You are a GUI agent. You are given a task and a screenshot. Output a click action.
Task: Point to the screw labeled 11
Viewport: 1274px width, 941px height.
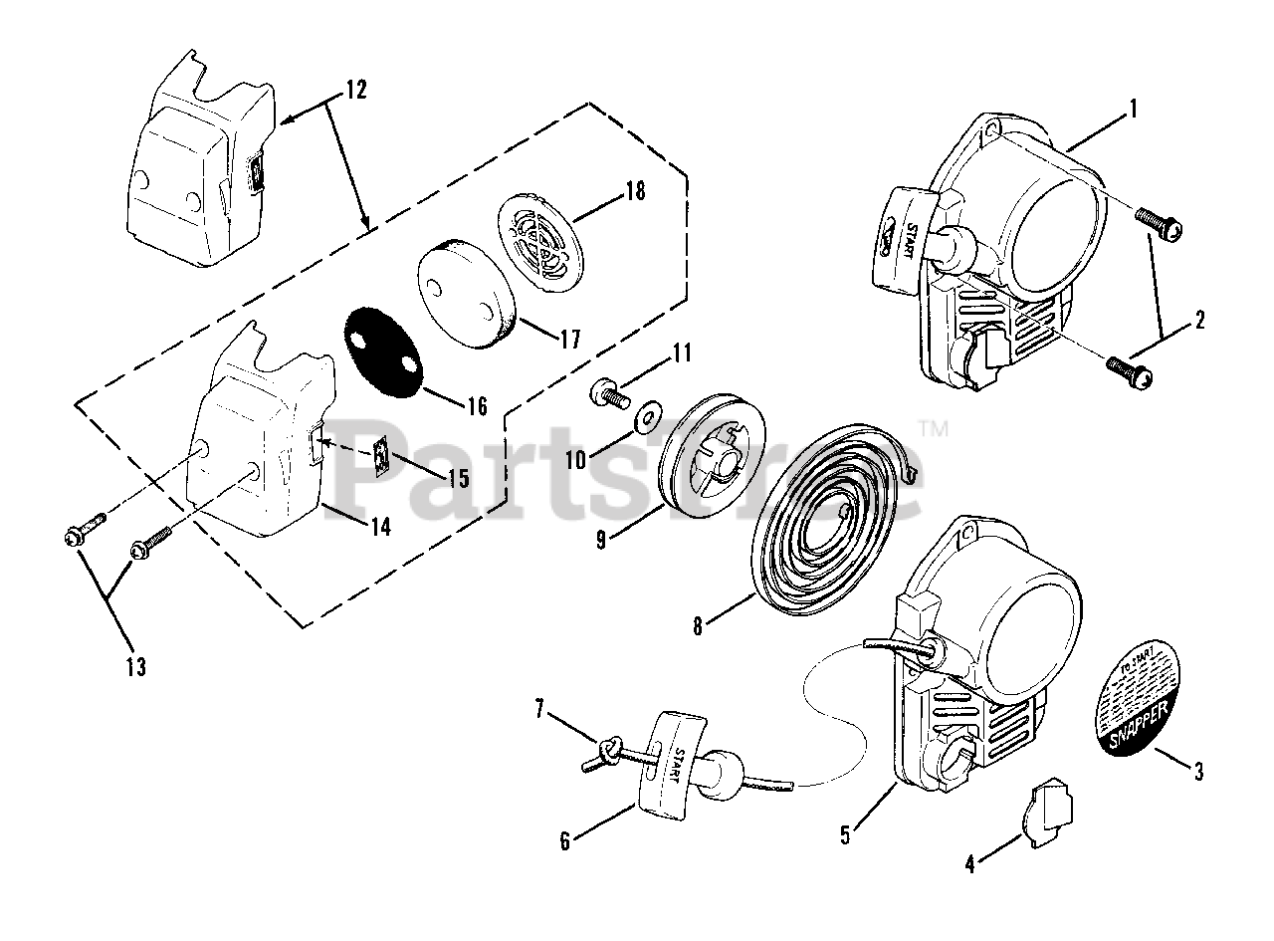click(606, 393)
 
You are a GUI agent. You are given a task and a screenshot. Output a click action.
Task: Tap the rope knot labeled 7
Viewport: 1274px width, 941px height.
click(608, 748)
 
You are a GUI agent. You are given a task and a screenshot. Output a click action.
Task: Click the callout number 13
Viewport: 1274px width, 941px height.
click(135, 667)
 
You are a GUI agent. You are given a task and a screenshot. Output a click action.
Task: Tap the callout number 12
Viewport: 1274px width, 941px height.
click(355, 90)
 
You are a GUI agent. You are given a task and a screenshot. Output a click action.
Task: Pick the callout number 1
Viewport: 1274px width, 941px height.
click(1134, 108)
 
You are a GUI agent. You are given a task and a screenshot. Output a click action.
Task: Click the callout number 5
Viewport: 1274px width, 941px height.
click(845, 834)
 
